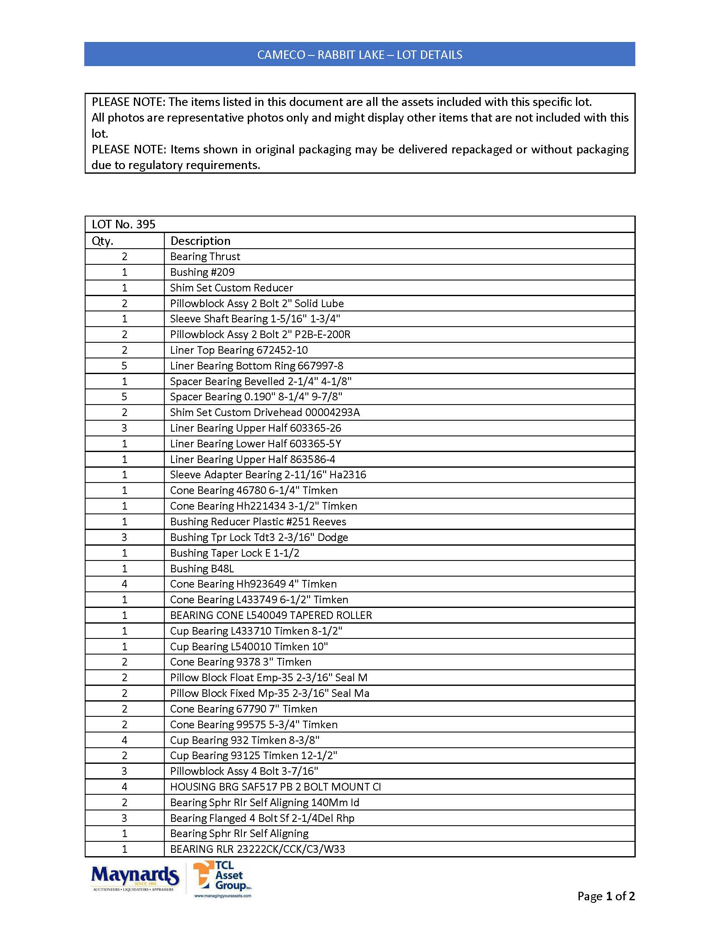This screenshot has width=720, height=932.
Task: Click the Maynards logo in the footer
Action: click(135, 878)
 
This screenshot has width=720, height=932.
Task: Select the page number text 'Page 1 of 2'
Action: click(606, 896)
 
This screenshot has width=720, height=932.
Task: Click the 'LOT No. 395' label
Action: click(124, 225)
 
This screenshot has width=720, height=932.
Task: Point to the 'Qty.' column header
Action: click(103, 241)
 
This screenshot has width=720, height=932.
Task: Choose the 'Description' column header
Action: click(200, 241)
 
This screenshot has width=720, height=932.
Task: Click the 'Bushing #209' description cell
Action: click(202, 272)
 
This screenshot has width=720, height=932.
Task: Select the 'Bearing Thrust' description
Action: click(205, 256)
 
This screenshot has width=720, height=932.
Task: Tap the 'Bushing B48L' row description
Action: click(202, 569)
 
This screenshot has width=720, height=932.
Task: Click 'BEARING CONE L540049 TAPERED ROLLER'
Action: click(271, 616)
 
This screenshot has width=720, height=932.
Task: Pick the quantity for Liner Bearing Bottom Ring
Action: click(125, 366)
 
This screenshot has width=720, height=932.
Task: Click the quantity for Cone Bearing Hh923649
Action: click(125, 584)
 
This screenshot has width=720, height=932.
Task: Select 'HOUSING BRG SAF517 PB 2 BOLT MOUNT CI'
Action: click(276, 787)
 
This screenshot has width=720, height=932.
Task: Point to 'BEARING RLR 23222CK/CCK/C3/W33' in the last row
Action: click(258, 849)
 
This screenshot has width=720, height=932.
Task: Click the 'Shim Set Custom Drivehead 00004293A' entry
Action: click(265, 413)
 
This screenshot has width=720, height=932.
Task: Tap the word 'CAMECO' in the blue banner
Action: click(281, 55)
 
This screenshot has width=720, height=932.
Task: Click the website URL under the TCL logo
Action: click(223, 896)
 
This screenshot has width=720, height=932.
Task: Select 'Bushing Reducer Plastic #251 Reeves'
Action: click(258, 521)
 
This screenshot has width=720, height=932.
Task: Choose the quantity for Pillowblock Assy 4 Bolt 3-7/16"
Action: click(125, 771)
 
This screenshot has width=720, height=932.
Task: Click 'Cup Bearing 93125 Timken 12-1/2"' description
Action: click(253, 756)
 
